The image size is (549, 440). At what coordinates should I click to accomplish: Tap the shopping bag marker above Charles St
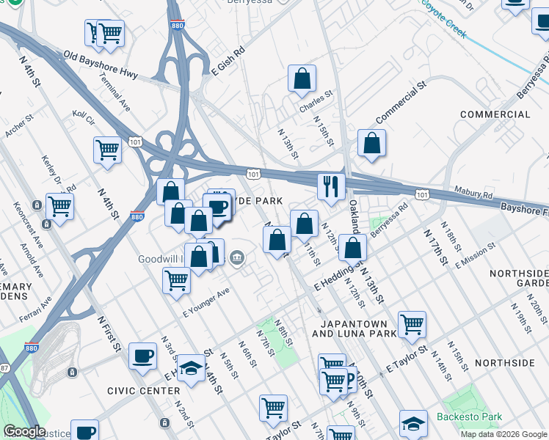[x=302, y=78]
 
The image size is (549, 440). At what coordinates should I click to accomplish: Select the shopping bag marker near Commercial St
[x=372, y=142]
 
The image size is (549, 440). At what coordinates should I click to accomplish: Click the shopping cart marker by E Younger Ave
[x=176, y=279]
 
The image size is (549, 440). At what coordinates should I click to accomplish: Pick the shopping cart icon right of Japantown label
[x=412, y=323]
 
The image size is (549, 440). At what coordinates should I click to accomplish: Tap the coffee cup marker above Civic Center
[x=142, y=356]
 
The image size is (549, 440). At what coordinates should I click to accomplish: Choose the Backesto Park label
[x=470, y=417]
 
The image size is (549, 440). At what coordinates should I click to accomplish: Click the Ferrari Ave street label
[x=36, y=305]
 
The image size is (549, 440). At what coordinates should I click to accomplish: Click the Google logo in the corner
[x=25, y=431]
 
